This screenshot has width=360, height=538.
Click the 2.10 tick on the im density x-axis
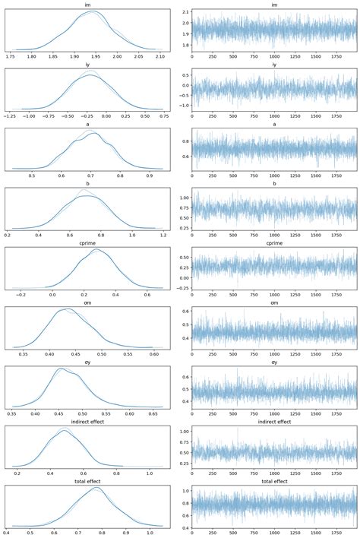159,56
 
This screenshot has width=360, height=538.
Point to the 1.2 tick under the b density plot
161,235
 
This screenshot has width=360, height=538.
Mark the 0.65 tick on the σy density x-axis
155,413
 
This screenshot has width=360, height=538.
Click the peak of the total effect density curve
96,488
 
